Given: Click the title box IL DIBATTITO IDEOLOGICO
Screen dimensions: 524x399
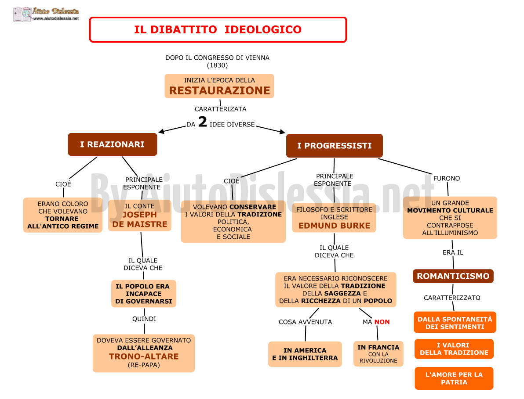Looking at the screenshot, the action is tap(218, 30).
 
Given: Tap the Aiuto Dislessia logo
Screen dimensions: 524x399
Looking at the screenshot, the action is tap(46, 14).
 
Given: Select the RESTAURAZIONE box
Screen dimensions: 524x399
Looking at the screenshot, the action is tap(219, 86).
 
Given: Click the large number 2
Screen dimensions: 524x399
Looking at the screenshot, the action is tap(203, 122).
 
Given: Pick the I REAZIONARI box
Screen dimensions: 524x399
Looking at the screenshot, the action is tap(112, 144).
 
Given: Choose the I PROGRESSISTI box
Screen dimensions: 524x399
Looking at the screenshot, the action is tap(335, 146).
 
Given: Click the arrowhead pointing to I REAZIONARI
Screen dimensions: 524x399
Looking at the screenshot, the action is tap(161, 131).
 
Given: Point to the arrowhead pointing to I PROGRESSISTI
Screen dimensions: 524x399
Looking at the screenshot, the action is tap(282, 132).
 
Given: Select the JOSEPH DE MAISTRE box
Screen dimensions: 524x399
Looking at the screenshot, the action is tap(140, 216).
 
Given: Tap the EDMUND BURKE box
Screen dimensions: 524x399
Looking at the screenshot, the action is tap(334, 218).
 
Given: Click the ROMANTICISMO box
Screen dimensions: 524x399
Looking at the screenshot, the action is tap(453, 276).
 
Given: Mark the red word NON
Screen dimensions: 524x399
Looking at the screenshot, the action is tap(382, 322).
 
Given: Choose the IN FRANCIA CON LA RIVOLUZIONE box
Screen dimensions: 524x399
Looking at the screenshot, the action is tap(378, 354).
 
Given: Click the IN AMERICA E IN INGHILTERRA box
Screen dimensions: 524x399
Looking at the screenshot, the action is tap(305, 354).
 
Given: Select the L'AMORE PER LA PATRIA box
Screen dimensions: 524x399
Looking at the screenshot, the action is tap(454, 378).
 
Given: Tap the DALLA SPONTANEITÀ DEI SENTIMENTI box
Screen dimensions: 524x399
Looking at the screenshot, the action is tap(455, 323).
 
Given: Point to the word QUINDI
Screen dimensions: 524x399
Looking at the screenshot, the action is tap(144, 319).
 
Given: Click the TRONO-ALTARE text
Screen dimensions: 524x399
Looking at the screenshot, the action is tap(144, 356).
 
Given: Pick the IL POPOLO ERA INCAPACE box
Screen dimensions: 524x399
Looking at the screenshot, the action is tap(144, 294).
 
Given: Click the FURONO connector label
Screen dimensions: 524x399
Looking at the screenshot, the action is tap(447, 179).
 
